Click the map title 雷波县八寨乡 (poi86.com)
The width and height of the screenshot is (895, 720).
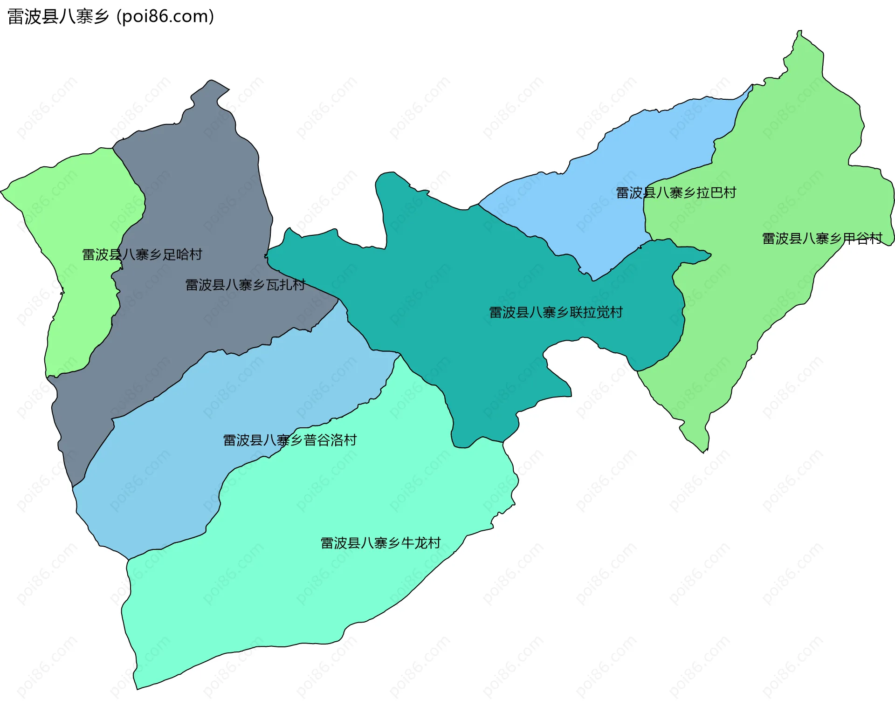click(x=110, y=17)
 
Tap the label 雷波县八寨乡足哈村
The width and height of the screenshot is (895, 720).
click(x=142, y=254)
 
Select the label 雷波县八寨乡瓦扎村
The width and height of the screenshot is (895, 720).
click(x=245, y=285)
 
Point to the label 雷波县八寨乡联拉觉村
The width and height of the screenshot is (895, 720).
click(x=556, y=312)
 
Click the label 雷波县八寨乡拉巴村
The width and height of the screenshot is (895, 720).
click(x=676, y=192)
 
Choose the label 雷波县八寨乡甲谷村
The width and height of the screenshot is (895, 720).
click(x=822, y=239)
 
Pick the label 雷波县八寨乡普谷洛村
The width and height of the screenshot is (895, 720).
click(x=290, y=440)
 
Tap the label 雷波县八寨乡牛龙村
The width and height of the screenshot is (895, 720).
click(x=380, y=543)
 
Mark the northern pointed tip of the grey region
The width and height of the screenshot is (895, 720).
click(x=212, y=81)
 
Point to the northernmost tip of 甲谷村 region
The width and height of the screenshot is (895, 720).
click(x=799, y=31)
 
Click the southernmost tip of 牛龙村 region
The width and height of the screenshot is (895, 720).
click(x=137, y=689)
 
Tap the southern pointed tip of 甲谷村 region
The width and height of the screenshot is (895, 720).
click(x=704, y=452)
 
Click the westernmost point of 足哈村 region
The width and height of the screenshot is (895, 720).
click(x=1, y=191)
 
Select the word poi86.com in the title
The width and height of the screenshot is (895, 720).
click(x=165, y=17)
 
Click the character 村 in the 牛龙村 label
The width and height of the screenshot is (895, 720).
click(x=434, y=543)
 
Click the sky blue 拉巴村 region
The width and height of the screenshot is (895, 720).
click(x=606, y=186)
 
